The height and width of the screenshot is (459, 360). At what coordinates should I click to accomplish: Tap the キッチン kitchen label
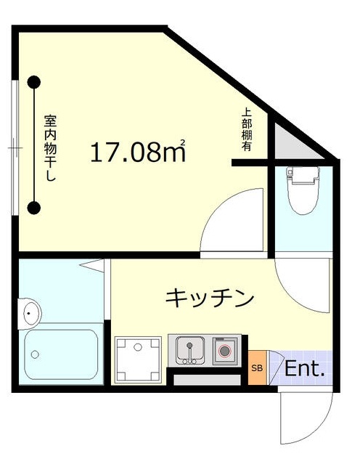coord(210,298)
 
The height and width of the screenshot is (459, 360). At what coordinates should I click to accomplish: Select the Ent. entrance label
coord(303,369)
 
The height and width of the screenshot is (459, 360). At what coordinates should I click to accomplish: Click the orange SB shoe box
coord(257,368)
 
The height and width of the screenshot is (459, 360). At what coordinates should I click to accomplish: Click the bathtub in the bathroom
coord(62,356)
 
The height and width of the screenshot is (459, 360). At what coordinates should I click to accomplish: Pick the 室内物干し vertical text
coord(50,148)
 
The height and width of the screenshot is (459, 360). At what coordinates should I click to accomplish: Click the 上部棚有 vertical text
coord(246,130)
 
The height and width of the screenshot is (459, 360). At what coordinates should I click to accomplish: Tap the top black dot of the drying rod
coord(33,82)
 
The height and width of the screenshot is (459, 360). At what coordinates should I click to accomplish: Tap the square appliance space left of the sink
coord(139,357)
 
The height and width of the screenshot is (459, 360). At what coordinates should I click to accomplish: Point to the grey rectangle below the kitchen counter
coord(207,380)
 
